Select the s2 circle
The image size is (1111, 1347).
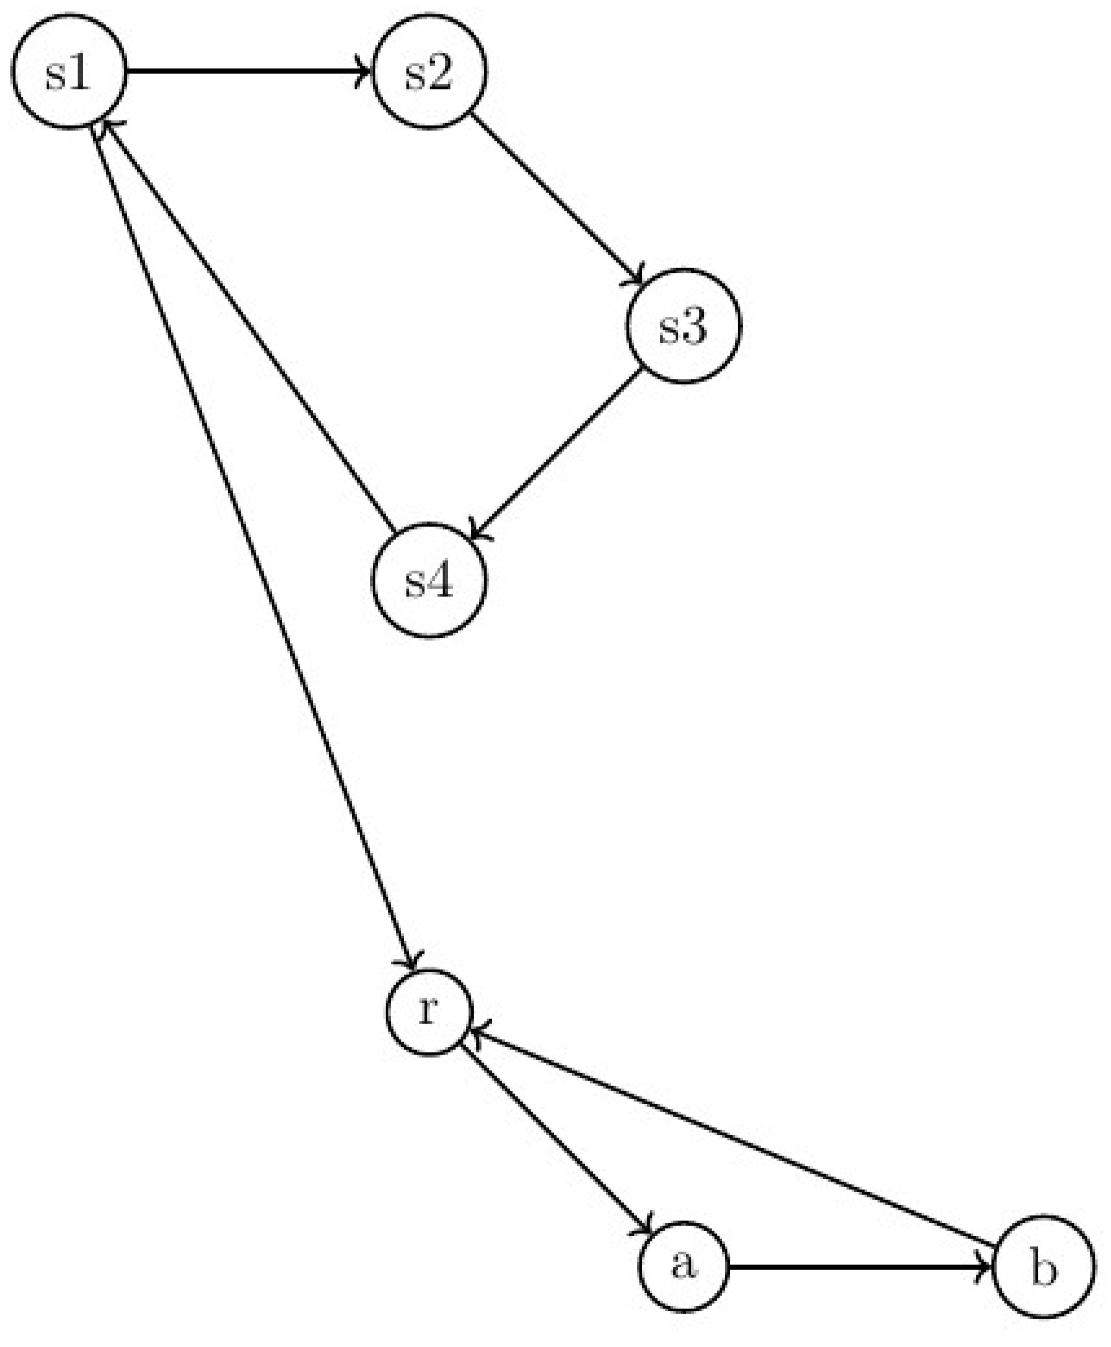coord(429,71)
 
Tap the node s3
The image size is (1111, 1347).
coord(683,326)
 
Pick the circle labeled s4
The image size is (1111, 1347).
coord(429,580)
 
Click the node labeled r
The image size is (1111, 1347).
coord(429,1012)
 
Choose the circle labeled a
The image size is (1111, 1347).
coord(683,1266)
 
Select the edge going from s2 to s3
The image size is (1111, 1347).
coord(555,198)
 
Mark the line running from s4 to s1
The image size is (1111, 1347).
coord(250,326)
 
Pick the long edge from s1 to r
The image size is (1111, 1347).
coord(253,544)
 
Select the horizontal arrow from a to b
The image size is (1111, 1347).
coord(857,1266)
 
